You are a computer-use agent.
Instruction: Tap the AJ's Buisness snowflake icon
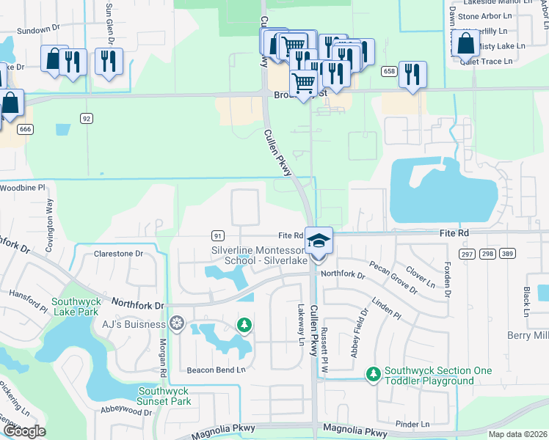pyautogui.click(x=176, y=323)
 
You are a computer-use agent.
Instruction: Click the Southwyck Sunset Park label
pyautogui.click(x=165, y=396)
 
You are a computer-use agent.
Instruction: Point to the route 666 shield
pyautogui.click(x=26, y=129)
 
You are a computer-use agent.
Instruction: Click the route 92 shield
pyautogui.click(x=87, y=117)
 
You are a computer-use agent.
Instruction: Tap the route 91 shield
pyautogui.click(x=217, y=235)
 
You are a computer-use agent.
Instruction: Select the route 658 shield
pyautogui.click(x=388, y=71)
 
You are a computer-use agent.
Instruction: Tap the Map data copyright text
pyautogui.click(x=518, y=434)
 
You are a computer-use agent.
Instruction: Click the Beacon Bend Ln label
pyautogui.click(x=216, y=370)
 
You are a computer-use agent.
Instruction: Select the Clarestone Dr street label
pyautogui.click(x=118, y=254)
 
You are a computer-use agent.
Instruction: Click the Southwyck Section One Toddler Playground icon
pyautogui.click(x=374, y=375)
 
